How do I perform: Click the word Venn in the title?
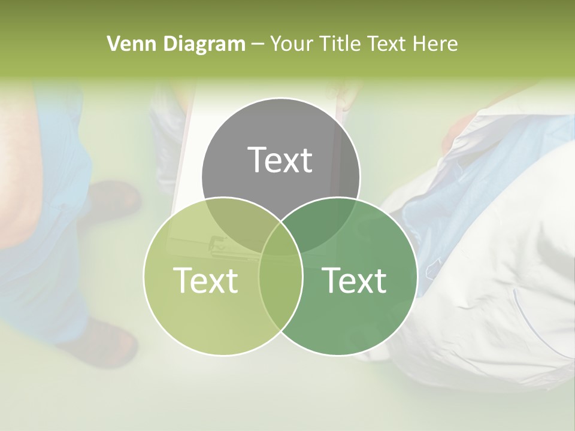(x=127, y=44)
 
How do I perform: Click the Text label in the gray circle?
(x=280, y=160)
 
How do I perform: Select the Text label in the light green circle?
(x=205, y=280)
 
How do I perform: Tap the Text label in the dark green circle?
(x=355, y=280)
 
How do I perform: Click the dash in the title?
(x=258, y=44)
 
